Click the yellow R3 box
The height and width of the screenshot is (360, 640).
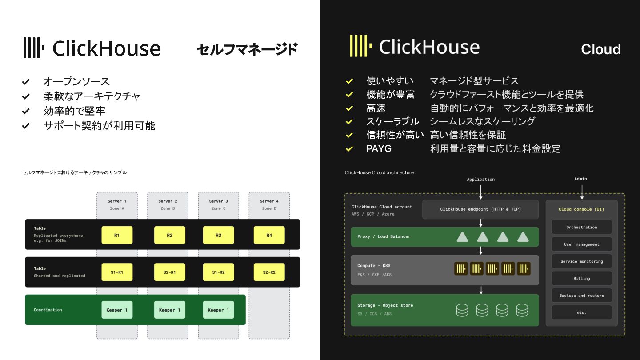click(218, 235)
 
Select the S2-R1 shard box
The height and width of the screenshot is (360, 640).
click(169, 272)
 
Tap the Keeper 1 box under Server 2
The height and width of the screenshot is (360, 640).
click(169, 310)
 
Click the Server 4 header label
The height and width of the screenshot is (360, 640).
click(269, 201)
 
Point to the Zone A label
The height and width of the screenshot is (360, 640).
click(117, 208)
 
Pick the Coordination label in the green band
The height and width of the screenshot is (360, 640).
click(48, 310)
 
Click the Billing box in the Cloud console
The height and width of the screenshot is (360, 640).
click(581, 279)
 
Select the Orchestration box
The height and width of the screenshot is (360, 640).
click(581, 227)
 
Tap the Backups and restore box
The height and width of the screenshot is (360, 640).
click(581, 296)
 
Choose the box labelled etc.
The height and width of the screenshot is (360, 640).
click(581, 312)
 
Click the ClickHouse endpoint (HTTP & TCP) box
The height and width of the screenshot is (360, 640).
click(480, 209)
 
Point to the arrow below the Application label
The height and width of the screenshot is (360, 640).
click(481, 191)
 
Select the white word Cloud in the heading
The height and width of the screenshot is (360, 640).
click(600, 49)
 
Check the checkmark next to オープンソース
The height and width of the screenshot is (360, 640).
click(26, 82)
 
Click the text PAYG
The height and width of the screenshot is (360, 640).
click(379, 149)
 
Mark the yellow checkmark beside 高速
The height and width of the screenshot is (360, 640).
click(349, 108)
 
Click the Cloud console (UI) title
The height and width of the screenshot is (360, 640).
click(581, 209)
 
